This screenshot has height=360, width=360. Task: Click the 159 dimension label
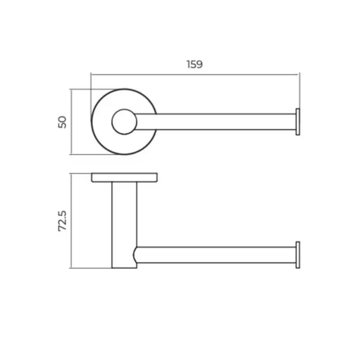[x=194, y=64]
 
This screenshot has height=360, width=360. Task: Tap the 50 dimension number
[x=62, y=122]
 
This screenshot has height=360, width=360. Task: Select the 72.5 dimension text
[x=62, y=221]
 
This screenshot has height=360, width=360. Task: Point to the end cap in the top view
[x=298, y=122]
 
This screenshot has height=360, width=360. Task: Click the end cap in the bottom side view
[x=298, y=255]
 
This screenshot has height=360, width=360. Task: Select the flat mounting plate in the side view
[x=124, y=178]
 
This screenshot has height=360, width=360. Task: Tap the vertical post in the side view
[x=124, y=225]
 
